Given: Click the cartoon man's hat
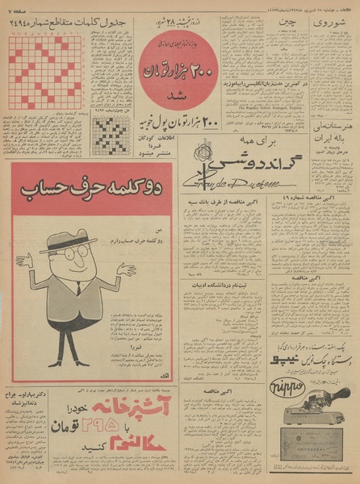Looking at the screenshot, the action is pyautogui.click(x=69, y=241).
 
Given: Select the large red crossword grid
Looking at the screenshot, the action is pyautogui.click(x=45, y=73).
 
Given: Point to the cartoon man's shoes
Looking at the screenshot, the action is pyautogui.click(x=66, y=361).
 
